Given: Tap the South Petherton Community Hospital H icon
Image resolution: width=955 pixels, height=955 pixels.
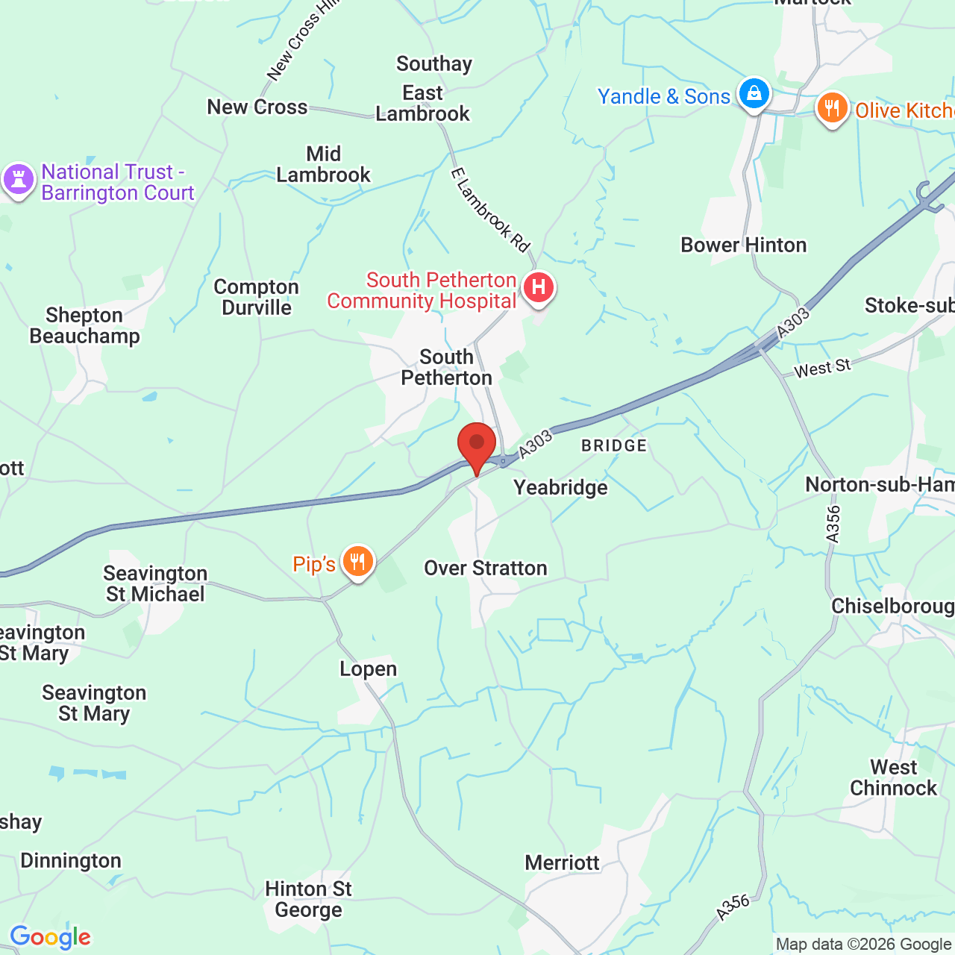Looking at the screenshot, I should point(538,287).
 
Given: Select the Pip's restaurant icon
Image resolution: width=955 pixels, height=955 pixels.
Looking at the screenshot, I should point(358,562).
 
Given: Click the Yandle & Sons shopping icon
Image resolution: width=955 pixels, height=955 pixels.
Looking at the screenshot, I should point(754,94).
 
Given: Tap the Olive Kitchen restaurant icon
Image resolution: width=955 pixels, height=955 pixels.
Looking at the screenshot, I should point(832,108).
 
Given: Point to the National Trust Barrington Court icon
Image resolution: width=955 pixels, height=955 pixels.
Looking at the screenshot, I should point(19,180).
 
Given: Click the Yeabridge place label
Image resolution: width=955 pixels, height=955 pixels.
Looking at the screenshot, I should point(560,487).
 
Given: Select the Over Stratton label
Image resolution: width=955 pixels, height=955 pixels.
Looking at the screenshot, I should point(486,568).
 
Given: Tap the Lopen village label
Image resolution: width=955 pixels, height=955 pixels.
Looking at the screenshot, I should point(369,669).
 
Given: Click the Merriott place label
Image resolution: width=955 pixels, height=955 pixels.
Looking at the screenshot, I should point(562,863).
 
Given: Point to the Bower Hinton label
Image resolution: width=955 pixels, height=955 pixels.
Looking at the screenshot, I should point(743,245).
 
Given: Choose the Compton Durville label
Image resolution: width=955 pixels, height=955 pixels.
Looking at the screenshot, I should point(256,297).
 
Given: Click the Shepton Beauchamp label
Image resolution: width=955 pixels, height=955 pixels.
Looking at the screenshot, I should point(84,325).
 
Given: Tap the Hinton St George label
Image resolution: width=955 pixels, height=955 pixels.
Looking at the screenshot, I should point(308,899).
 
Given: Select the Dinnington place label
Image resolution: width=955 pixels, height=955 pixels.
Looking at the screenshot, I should point(71,861).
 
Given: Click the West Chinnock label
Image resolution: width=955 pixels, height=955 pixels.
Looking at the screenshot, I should point(893,777).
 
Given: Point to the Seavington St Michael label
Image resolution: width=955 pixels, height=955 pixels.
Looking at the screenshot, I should point(155,583).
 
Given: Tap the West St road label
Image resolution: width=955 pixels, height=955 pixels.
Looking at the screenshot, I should point(821,368).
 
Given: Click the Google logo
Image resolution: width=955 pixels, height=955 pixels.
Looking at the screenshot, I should point(50,937).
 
